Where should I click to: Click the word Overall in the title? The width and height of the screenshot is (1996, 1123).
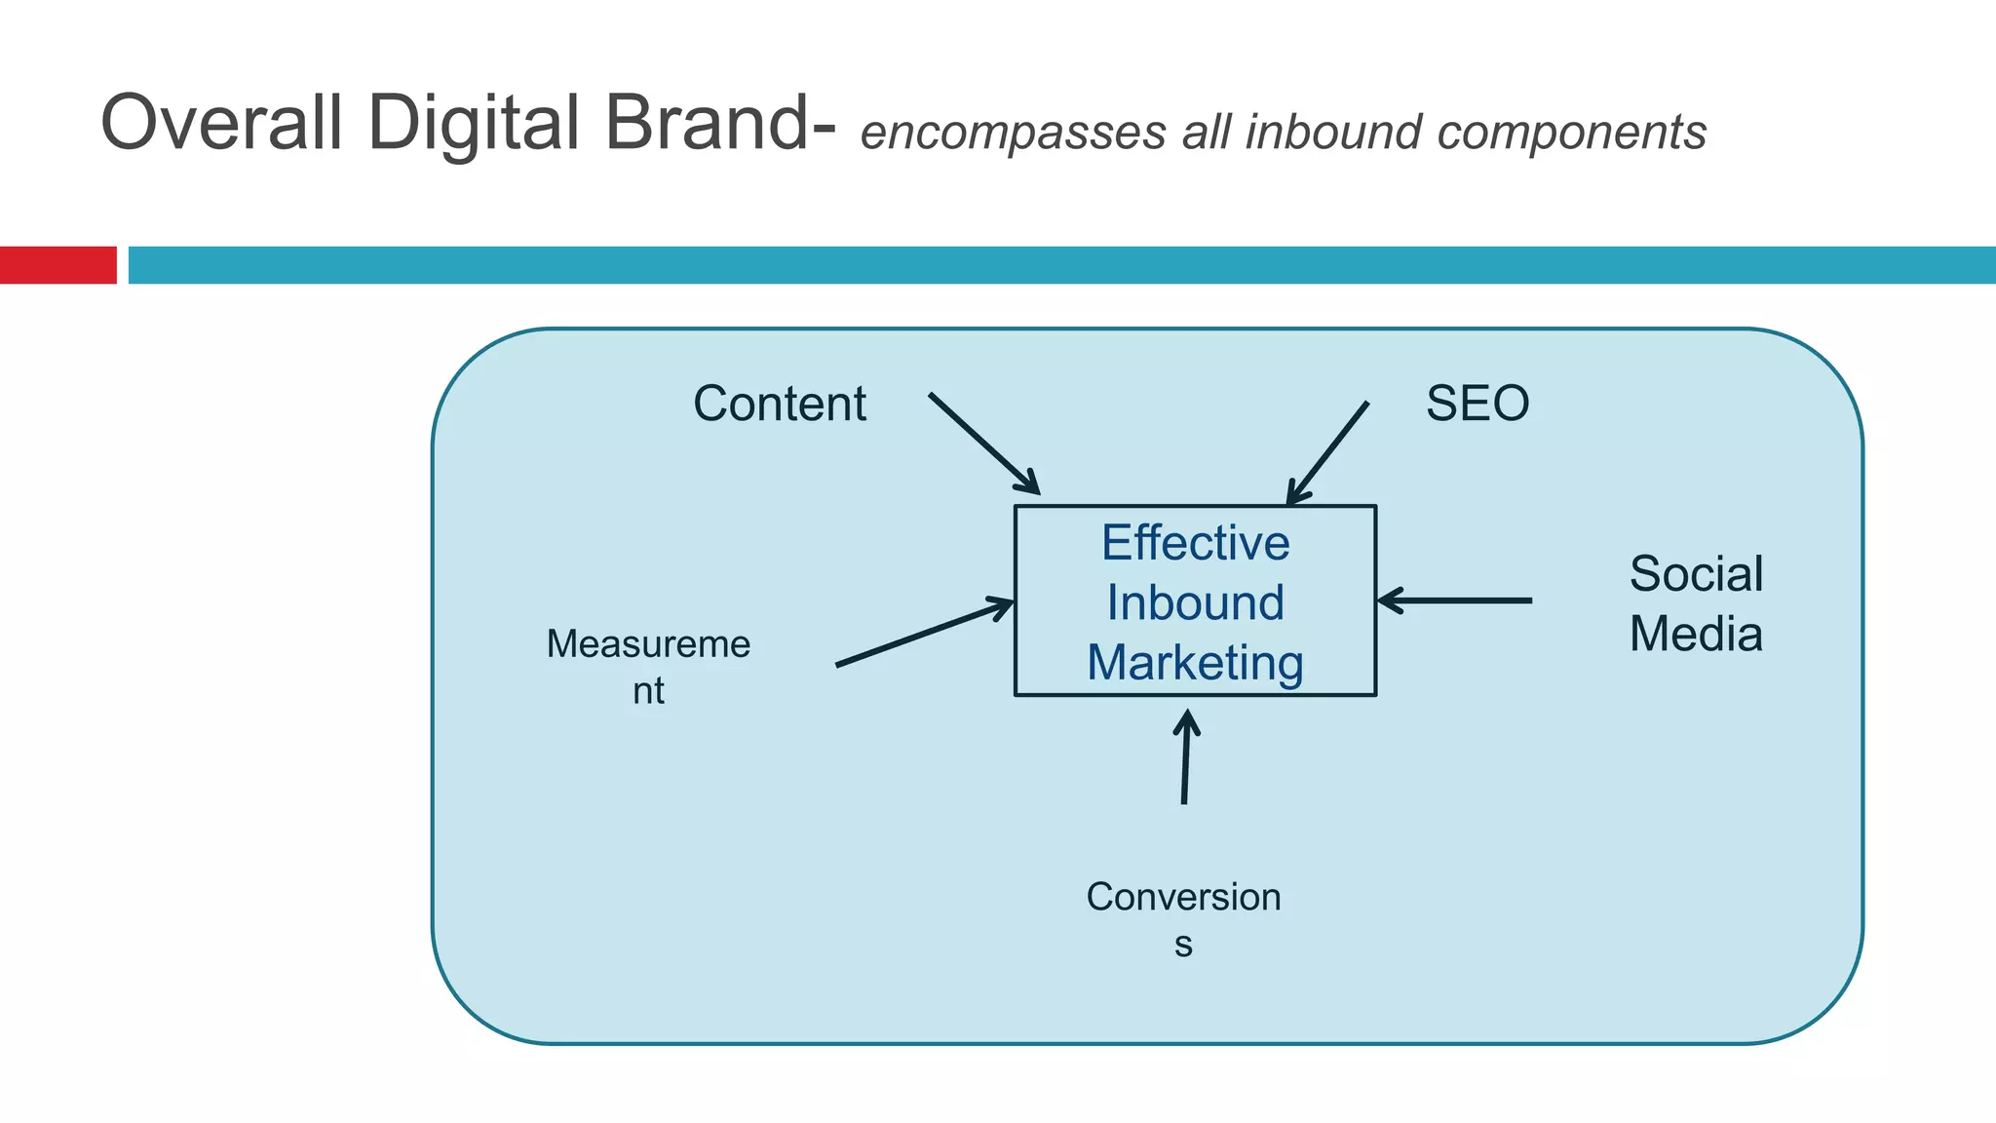[x=221, y=123]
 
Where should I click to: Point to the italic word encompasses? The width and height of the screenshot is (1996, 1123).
[x=1013, y=134]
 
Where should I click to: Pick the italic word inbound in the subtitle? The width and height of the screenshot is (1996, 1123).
[x=1333, y=132]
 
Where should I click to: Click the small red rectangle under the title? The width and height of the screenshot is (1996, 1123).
[x=58, y=265]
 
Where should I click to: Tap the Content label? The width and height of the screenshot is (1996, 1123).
[x=779, y=404]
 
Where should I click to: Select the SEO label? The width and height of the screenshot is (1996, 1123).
[x=1478, y=404]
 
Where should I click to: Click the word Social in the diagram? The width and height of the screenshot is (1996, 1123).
[x=1696, y=573]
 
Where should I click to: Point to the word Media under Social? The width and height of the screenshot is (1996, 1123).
[x=1696, y=634]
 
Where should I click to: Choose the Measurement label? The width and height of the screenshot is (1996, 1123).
[x=648, y=666]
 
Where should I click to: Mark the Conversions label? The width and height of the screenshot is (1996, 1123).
[x=1183, y=917]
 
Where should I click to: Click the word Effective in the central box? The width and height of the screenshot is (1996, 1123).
[x=1195, y=543]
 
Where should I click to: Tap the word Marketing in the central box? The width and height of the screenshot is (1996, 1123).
[x=1195, y=663]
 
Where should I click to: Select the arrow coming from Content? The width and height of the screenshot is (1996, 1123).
[x=984, y=444]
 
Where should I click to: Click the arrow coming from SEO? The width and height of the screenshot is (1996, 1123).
[x=1327, y=454]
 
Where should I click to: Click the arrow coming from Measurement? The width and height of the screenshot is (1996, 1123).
[x=924, y=634]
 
